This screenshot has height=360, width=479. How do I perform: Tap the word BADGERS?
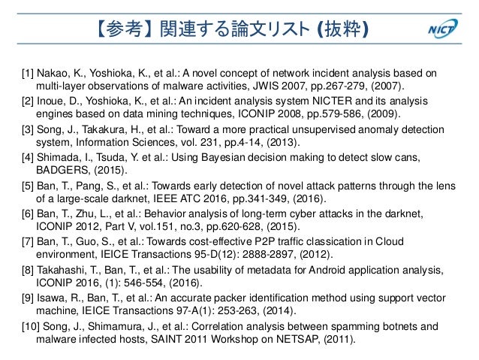(x=61, y=170)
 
